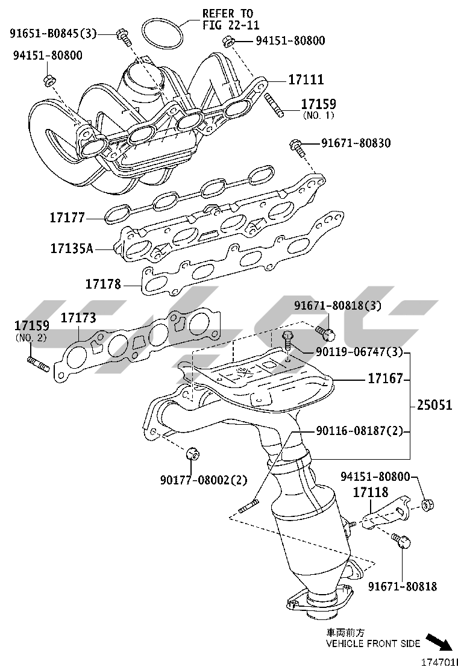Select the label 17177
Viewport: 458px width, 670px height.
click(x=67, y=216)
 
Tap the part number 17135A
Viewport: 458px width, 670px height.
click(x=71, y=248)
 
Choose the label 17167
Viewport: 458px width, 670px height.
click(x=386, y=380)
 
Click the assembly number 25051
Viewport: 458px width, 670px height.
click(x=434, y=405)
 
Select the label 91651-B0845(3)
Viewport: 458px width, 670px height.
click(x=53, y=33)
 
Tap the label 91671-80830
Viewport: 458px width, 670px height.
click(x=356, y=143)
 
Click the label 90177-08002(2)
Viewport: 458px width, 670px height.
click(x=203, y=480)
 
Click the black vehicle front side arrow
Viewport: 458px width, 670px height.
click(x=439, y=641)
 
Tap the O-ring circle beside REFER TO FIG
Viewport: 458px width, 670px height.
click(x=163, y=34)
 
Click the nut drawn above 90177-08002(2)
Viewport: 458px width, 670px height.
click(x=193, y=453)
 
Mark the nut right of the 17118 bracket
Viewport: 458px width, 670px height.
click(x=427, y=504)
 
